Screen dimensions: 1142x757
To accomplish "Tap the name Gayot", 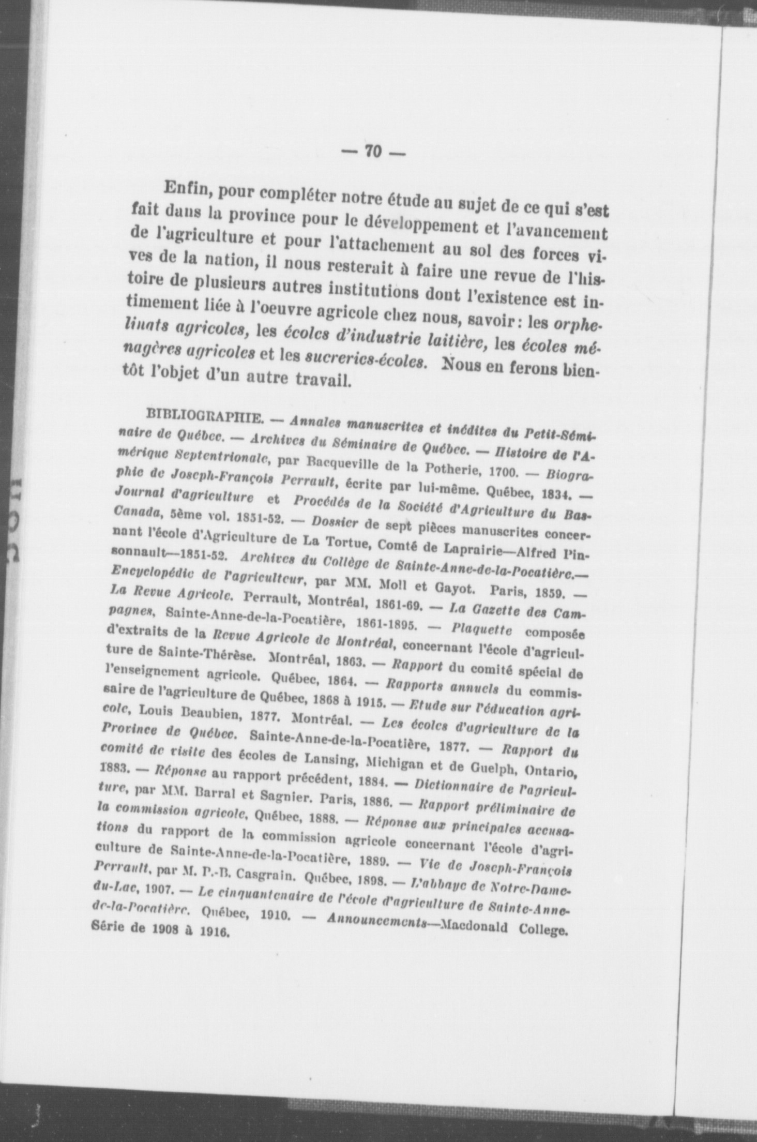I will pyautogui.click(x=441, y=587).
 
